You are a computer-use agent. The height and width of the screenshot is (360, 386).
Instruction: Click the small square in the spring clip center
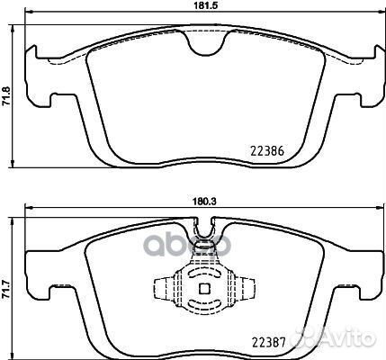coord(203,289)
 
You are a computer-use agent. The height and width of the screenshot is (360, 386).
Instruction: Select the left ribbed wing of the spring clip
coord(164,290)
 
